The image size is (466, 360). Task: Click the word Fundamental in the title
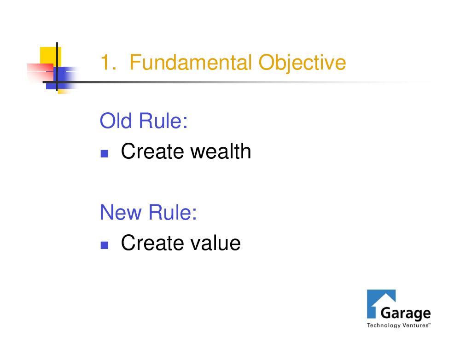(191, 62)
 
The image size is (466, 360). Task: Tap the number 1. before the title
(108, 62)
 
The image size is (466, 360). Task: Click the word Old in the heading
(116, 121)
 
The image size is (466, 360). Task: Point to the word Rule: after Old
(163, 121)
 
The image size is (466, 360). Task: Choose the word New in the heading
(121, 212)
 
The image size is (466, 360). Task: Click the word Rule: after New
(172, 212)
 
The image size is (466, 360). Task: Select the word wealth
(221, 151)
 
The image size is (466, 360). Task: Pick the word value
(216, 243)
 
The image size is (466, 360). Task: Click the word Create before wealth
(152, 151)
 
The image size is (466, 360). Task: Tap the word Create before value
(152, 243)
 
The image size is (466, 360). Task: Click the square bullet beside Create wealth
(105, 154)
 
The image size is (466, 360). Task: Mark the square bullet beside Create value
(105, 245)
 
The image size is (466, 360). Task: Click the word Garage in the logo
(406, 314)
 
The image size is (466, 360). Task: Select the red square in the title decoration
(40, 72)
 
